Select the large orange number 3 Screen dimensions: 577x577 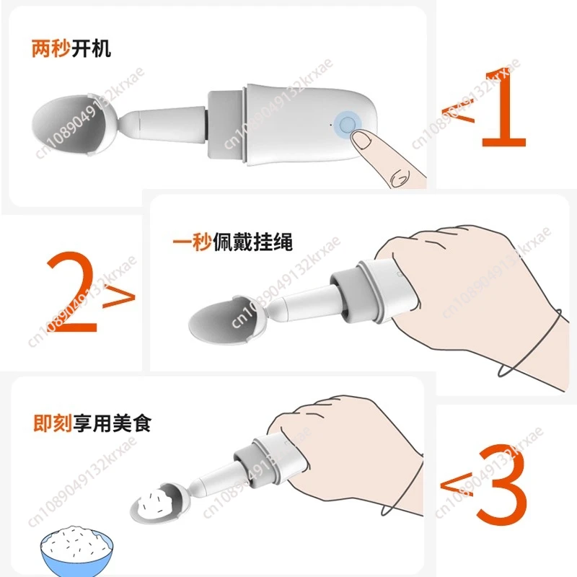(x=502, y=485)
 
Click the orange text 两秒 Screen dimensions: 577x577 (x=50, y=48)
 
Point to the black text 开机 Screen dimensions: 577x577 (x=91, y=48)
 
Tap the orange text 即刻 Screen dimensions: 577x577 (x=52, y=423)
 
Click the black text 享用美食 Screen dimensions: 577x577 (x=113, y=423)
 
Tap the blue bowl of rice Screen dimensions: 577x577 (x=76, y=550)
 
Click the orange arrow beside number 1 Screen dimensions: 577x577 (x=458, y=113)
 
